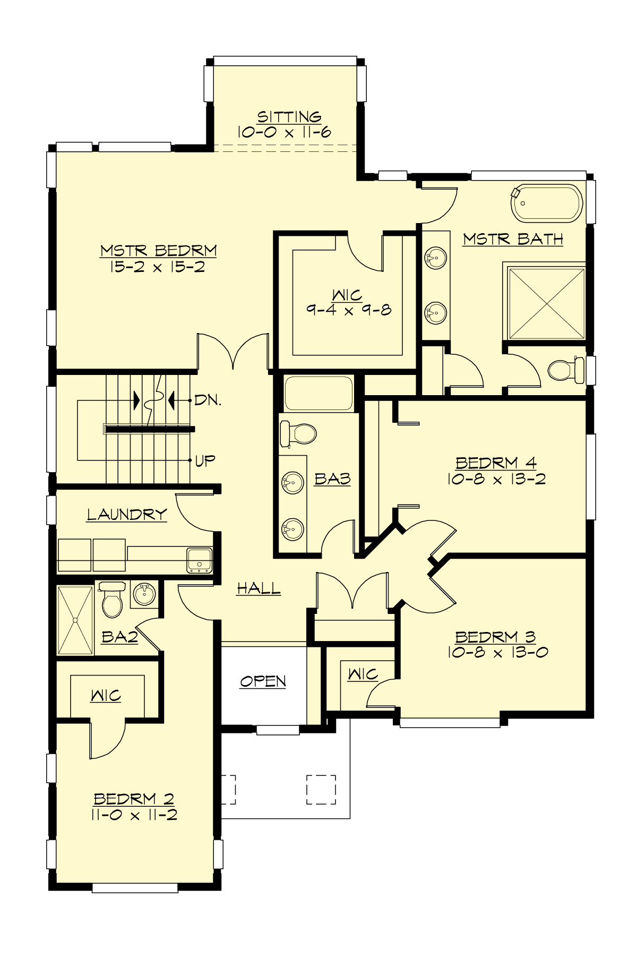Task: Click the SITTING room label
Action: pyautogui.click(x=289, y=116)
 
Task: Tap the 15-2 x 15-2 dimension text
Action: pyautogui.click(x=157, y=267)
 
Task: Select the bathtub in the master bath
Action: pyautogui.click(x=547, y=203)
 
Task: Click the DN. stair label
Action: pyautogui.click(x=208, y=400)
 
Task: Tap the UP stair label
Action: pyautogui.click(x=205, y=460)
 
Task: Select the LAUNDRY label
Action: pyautogui.click(x=127, y=514)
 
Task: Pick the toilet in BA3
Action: pyautogui.click(x=298, y=433)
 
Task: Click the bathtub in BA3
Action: pyautogui.click(x=318, y=393)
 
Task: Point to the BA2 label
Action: pyautogui.click(x=119, y=636)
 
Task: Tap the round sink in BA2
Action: pyautogui.click(x=143, y=593)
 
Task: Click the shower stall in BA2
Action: pyautogui.click(x=75, y=620)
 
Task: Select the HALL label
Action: pyautogui.click(x=259, y=588)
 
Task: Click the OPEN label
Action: pyautogui.click(x=263, y=681)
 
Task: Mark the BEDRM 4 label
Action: pyautogui.click(x=496, y=463)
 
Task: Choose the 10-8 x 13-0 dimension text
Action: pyautogui.click(x=497, y=652)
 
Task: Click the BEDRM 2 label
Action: pyautogui.click(x=134, y=798)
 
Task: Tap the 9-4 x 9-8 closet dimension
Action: pyautogui.click(x=349, y=310)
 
